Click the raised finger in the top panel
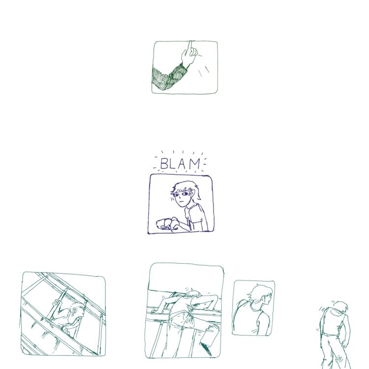(190, 47)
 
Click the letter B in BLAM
(164, 164)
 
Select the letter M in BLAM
(195, 164)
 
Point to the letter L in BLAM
(173, 164)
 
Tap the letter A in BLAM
(182, 164)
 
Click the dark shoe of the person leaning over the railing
(205, 348)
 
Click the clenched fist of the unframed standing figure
(344, 344)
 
